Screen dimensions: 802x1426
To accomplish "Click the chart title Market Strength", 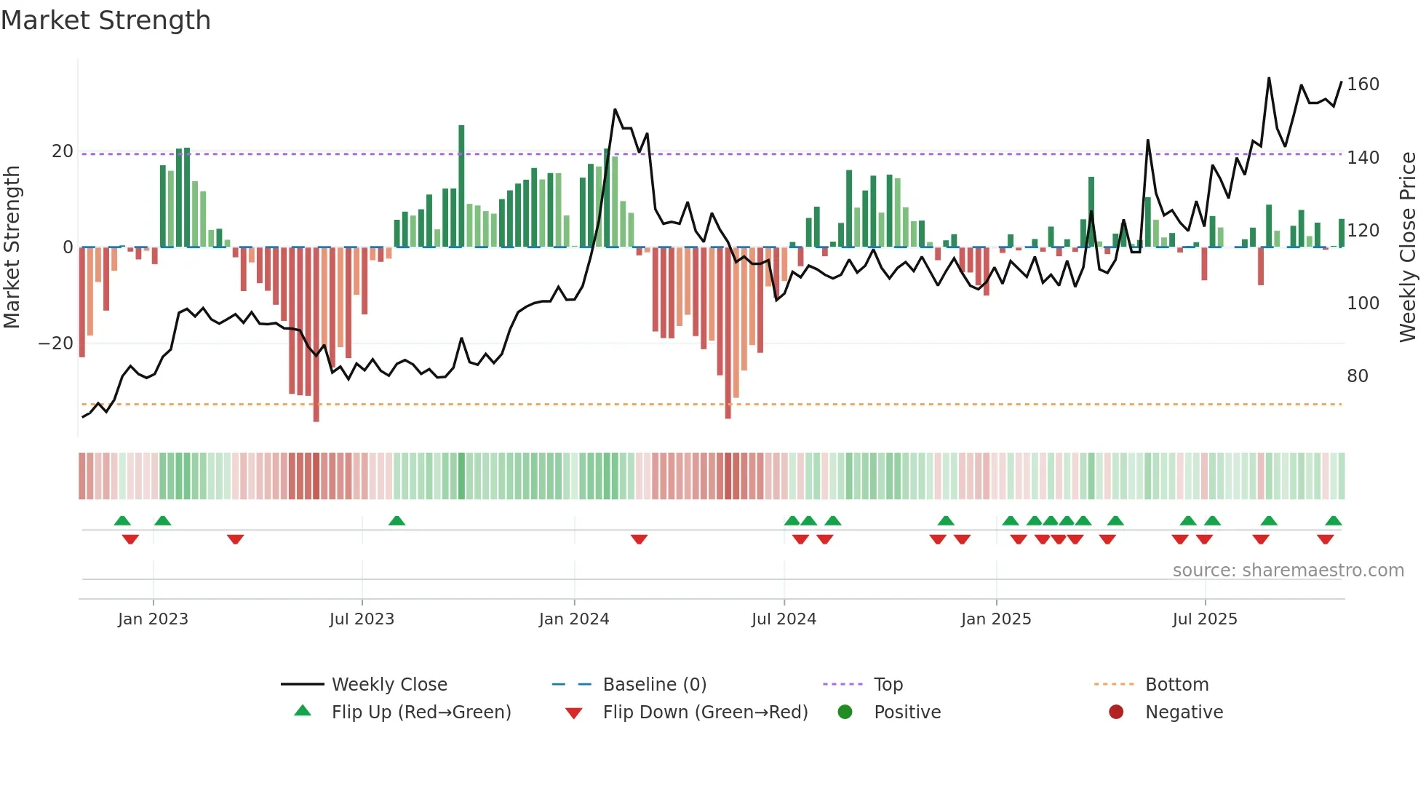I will (105, 20).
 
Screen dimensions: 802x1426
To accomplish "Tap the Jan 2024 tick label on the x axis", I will (574, 619).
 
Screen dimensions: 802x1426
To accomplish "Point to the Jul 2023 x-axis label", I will (362, 619).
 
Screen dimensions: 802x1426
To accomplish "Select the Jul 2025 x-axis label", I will (1205, 619).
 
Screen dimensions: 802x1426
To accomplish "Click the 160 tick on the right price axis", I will (1363, 84).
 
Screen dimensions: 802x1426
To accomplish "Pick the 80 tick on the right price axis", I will (1358, 376).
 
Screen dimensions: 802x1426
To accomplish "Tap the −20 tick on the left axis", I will (56, 344).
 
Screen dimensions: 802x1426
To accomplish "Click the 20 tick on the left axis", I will (63, 151).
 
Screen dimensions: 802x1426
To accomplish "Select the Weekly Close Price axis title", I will (1408, 247).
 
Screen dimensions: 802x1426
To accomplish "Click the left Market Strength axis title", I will (12, 247).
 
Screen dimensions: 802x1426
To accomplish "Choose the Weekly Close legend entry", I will (389, 685).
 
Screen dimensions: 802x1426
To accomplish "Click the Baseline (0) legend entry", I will (654, 685).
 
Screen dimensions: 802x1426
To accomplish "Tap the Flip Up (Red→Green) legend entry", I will (421, 712).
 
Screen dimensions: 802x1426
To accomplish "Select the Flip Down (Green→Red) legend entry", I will (704, 712).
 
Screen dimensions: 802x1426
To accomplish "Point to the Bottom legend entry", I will (1176, 685).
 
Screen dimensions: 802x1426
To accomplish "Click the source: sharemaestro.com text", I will (1288, 571).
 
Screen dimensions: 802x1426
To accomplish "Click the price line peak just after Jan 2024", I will (615, 110).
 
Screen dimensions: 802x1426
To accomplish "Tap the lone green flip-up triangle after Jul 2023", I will (397, 521).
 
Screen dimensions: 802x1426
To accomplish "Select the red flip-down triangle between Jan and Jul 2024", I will (639, 539).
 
